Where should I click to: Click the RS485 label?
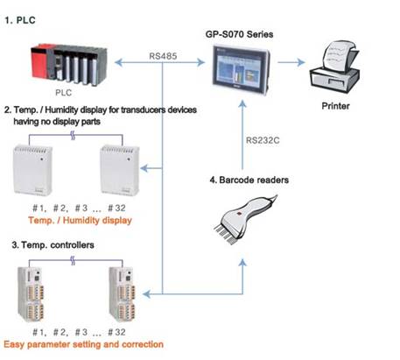[x=163, y=56]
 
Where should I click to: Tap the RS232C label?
[x=263, y=140]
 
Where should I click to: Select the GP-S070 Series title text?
[x=239, y=34]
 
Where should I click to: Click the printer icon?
[x=334, y=67]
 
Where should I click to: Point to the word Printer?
[x=335, y=106]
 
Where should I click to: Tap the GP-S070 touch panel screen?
[x=240, y=68]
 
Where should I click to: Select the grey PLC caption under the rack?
[x=63, y=93]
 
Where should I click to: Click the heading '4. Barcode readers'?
[x=249, y=180]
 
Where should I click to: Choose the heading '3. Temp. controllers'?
[x=53, y=244]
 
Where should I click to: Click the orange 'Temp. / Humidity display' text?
[x=80, y=220]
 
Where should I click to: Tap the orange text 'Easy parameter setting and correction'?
[x=83, y=344]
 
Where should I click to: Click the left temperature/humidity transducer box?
[x=33, y=170]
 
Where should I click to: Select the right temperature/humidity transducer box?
[x=120, y=170]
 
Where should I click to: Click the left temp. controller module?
[x=32, y=294]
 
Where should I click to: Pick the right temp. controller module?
[x=123, y=294]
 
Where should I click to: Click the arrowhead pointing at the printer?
[x=301, y=62]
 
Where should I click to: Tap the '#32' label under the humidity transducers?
[x=116, y=208]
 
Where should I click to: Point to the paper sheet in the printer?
[x=338, y=55]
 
